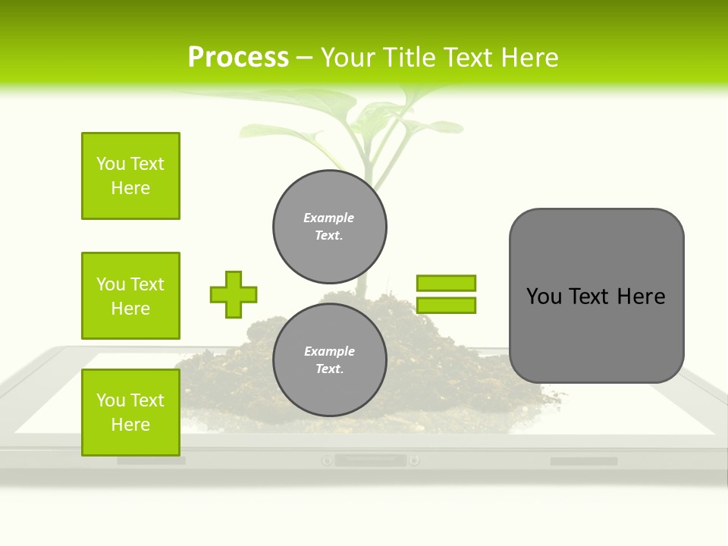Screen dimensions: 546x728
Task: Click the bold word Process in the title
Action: pyautogui.click(x=238, y=57)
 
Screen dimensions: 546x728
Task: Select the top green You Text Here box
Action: pyautogui.click(x=130, y=176)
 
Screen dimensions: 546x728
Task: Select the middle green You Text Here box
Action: pyautogui.click(x=130, y=296)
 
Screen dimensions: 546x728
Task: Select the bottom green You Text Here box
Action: pyautogui.click(x=130, y=413)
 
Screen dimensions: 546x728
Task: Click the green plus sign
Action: pyautogui.click(x=234, y=294)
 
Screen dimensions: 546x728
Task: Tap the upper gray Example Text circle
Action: pyautogui.click(x=330, y=227)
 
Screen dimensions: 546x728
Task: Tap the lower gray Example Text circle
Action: pyautogui.click(x=330, y=360)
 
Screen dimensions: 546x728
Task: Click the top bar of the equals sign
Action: pyautogui.click(x=446, y=283)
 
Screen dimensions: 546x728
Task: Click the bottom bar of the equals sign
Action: pyautogui.click(x=446, y=305)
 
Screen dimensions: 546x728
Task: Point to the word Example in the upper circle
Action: pyautogui.click(x=329, y=218)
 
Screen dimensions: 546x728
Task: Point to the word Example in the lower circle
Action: pyautogui.click(x=329, y=351)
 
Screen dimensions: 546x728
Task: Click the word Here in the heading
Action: pyautogui.click(x=528, y=58)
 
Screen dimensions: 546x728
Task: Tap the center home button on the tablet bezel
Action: pyautogui.click(x=370, y=460)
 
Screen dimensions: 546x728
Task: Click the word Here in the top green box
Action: pyautogui.click(x=130, y=188)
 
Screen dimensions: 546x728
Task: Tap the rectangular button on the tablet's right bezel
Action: pyautogui.click(x=583, y=461)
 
